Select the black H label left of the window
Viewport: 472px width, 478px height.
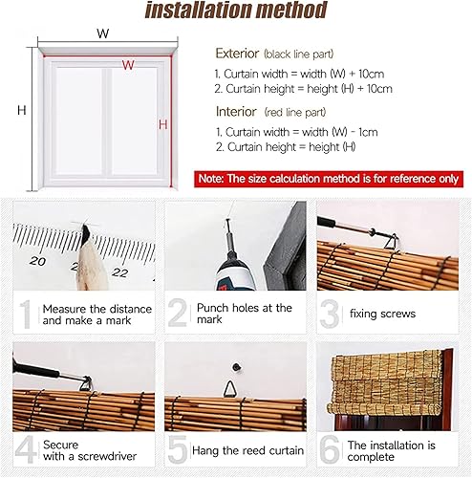point(20,111)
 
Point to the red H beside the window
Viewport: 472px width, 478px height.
point(163,124)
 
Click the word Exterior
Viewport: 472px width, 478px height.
point(238,54)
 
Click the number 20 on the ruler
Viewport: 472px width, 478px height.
point(38,260)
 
